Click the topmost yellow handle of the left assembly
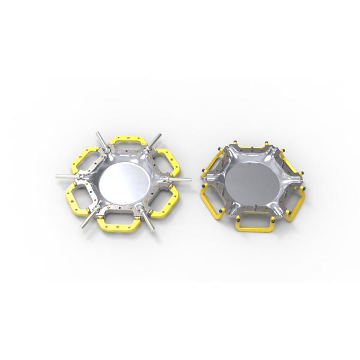pyautogui.click(x=127, y=141)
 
